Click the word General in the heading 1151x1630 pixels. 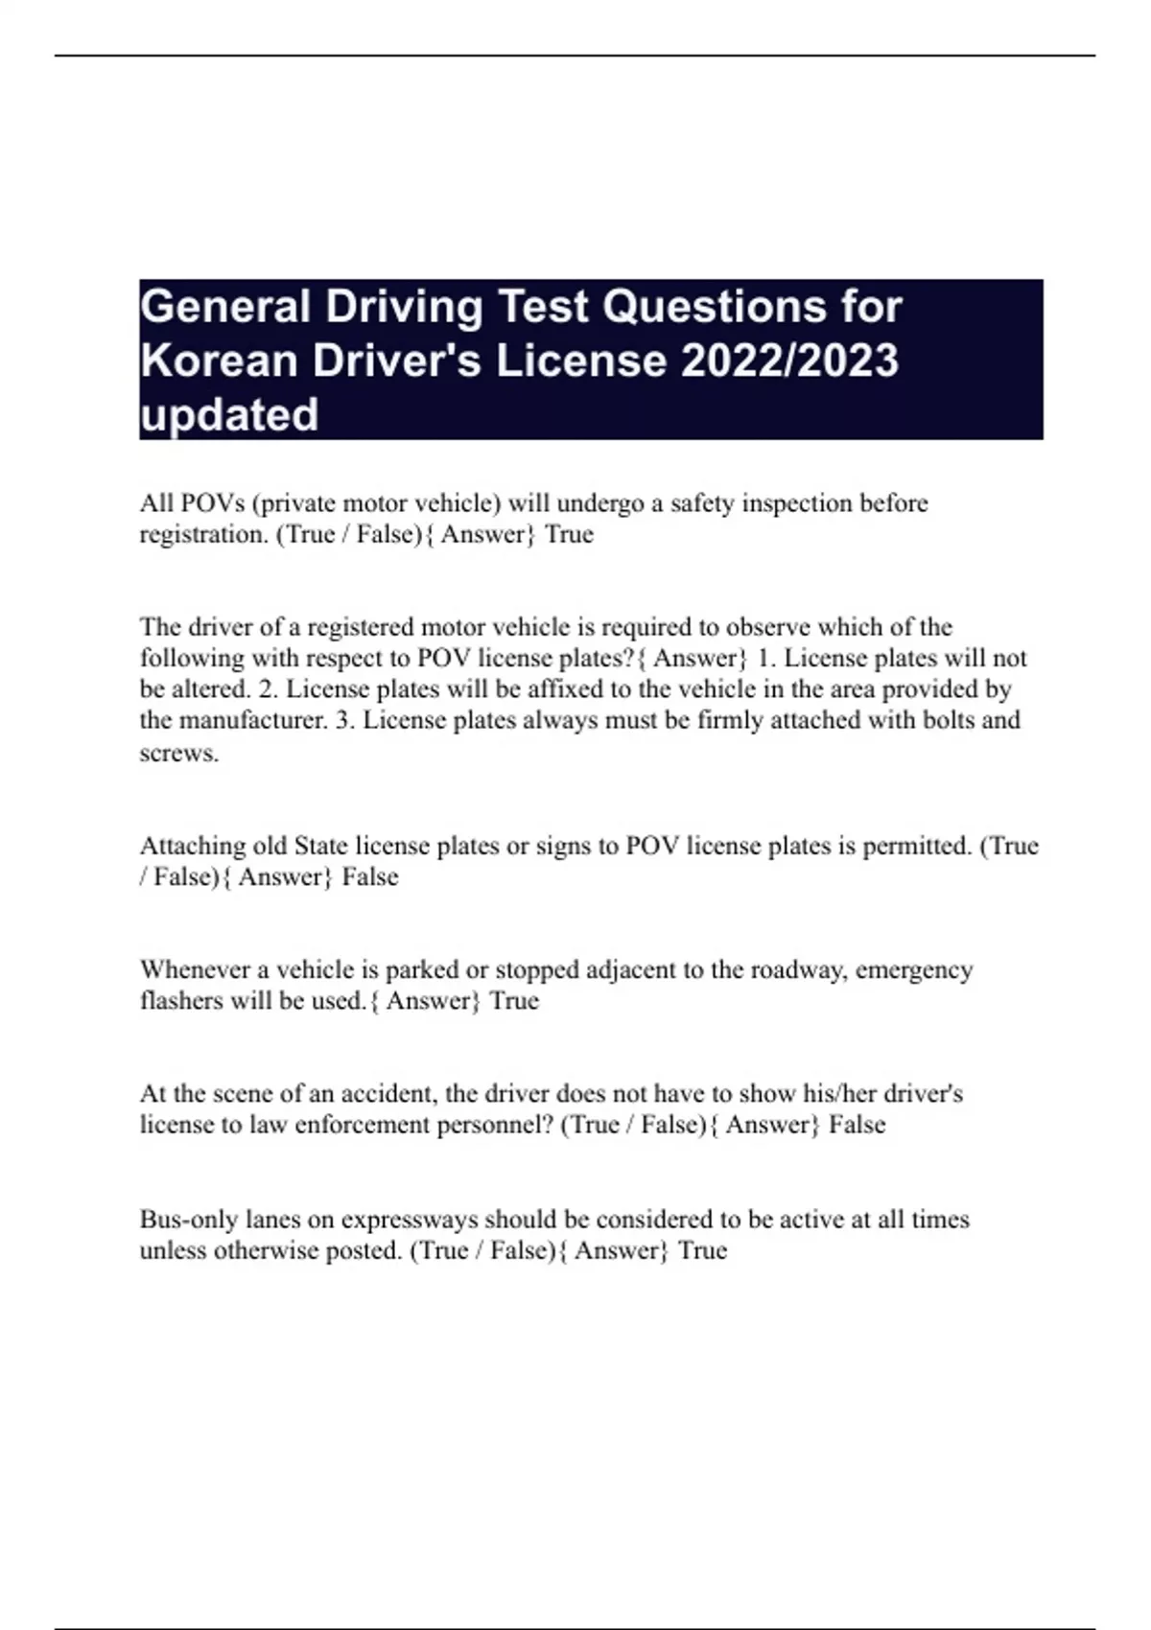pos(224,308)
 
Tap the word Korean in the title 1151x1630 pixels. pos(218,361)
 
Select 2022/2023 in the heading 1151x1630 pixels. pos(789,361)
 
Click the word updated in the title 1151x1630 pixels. pos(228,415)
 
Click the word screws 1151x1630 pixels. pos(178,753)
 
